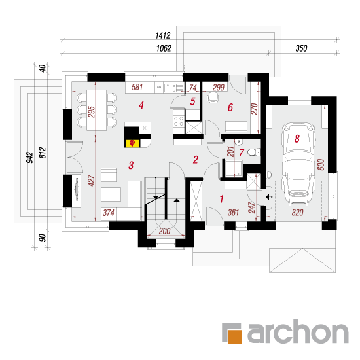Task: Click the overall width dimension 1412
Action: click(x=163, y=35)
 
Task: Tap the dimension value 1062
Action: click(x=164, y=48)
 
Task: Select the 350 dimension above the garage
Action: click(x=301, y=48)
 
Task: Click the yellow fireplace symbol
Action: click(x=132, y=143)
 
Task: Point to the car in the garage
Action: click(x=298, y=164)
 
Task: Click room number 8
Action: click(x=297, y=139)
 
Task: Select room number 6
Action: click(x=230, y=107)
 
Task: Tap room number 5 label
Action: click(x=192, y=101)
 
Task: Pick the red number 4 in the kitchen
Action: click(x=141, y=105)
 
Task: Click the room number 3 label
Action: click(x=131, y=165)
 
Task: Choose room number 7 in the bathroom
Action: click(x=241, y=153)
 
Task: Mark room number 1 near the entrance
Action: click(x=221, y=199)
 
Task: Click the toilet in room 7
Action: click(x=253, y=152)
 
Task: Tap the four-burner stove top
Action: click(x=179, y=121)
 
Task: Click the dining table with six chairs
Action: click(x=97, y=110)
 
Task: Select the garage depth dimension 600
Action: click(x=321, y=164)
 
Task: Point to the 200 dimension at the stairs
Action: click(x=164, y=231)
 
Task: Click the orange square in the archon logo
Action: click(x=234, y=336)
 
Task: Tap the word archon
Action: click(x=298, y=331)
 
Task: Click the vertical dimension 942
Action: click(x=29, y=158)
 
